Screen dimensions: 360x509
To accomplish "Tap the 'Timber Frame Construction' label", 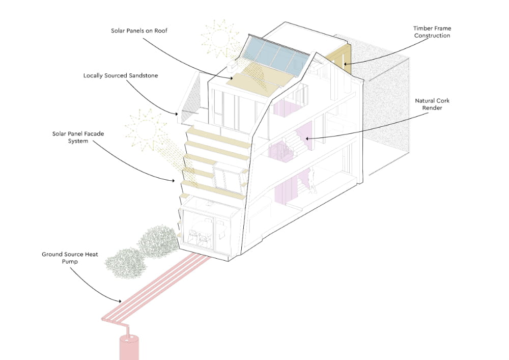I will pyautogui.click(x=432, y=32).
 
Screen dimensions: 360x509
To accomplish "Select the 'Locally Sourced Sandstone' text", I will pyautogui.click(x=121, y=76).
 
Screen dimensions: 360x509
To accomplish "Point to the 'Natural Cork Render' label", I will pyautogui.click(x=432, y=104).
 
